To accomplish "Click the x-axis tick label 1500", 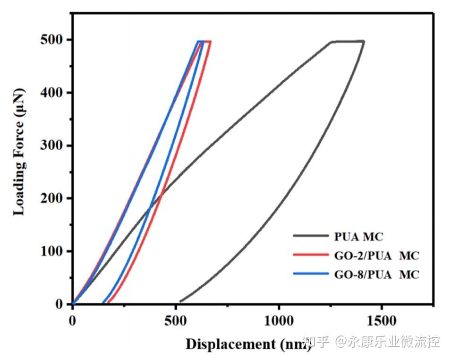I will (x=382, y=321).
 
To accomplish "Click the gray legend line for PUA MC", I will (x=309, y=235).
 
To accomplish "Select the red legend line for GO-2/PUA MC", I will (x=309, y=255).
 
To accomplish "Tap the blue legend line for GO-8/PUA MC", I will (x=309, y=274).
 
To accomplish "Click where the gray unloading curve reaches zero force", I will (x=180, y=301).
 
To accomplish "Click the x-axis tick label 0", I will (x=72, y=321).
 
